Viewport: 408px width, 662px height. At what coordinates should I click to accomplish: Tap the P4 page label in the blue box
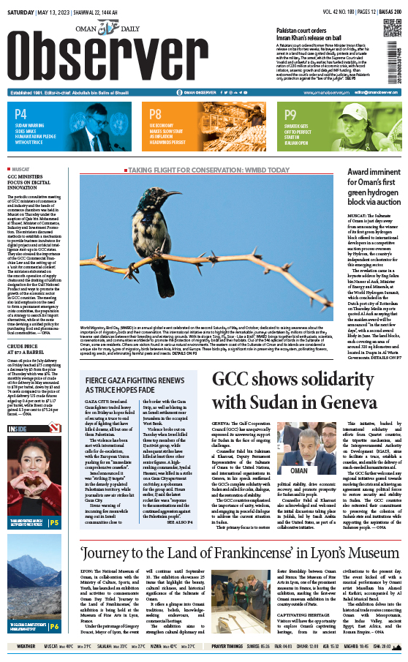(x=20, y=114)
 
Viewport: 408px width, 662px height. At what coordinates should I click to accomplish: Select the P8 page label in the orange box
(x=156, y=114)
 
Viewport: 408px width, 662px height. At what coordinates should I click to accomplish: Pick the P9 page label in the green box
(x=290, y=114)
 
